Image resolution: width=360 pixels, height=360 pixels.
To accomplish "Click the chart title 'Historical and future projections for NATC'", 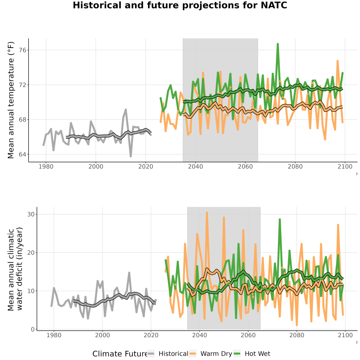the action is click(180, 5).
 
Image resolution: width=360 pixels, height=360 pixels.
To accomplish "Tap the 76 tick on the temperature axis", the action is click(22, 50).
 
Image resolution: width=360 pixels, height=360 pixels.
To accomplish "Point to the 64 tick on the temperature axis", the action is click(22, 154).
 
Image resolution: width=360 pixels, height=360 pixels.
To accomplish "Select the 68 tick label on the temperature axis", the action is click(22, 120).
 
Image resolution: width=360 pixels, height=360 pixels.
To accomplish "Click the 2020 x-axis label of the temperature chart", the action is click(146, 166).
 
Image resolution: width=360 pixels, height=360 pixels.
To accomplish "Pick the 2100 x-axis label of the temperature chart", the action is click(345, 166).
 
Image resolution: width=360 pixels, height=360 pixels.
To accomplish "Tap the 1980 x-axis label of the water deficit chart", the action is click(54, 335).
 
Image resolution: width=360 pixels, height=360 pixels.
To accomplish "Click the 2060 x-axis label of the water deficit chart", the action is click(248, 335).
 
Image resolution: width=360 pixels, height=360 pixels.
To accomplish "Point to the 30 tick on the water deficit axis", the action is click(31, 214).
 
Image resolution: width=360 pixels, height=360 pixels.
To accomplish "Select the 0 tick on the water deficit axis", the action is click(32, 330).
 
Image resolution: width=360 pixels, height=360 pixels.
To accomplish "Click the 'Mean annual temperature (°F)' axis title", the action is click(11, 100).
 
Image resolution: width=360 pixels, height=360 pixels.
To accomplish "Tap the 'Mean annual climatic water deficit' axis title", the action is click(15, 269).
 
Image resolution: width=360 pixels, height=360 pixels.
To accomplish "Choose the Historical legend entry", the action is click(168, 354).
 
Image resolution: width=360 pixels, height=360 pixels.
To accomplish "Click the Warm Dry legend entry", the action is click(211, 354).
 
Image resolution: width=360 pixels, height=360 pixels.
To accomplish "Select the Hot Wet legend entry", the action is click(252, 354).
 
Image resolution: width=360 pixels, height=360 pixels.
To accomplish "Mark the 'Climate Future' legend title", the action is click(120, 354).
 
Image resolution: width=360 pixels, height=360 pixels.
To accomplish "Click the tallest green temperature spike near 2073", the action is click(278, 44).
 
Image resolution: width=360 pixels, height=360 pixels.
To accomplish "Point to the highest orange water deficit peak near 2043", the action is click(207, 213).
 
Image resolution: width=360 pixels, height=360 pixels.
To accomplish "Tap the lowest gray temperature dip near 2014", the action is click(131, 156).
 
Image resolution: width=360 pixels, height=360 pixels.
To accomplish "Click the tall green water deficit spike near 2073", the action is click(280, 220).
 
